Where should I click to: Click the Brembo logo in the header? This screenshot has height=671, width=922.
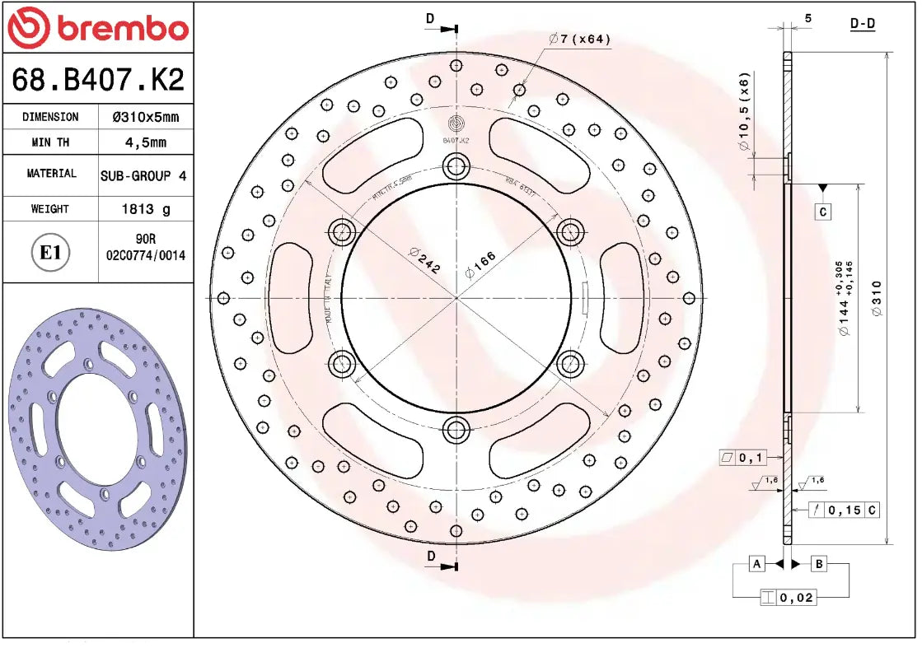coord(97,28)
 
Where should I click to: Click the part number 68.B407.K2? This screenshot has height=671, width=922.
coord(97,80)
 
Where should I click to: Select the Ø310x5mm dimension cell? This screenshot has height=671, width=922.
coord(145,117)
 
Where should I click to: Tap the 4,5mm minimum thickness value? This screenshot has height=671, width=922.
coord(145,142)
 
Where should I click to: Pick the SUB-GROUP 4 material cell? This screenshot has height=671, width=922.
coord(143,175)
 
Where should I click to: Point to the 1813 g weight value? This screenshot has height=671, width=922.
coord(146,209)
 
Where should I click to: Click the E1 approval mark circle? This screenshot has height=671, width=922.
coord(51,252)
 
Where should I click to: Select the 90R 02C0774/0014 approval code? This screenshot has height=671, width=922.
coord(146,249)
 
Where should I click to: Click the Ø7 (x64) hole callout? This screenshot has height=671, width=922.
coord(580,39)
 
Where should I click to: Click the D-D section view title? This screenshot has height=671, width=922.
coord(862,23)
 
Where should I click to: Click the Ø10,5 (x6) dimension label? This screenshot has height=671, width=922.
coord(744,110)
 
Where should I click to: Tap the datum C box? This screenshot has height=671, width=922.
coord(823,212)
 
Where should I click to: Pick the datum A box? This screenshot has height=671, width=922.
coord(756,564)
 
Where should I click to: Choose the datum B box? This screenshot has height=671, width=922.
coord(819,564)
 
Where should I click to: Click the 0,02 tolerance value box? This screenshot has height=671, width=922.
coord(788,598)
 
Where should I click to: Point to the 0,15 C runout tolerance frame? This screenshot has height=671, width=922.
coord(843,510)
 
